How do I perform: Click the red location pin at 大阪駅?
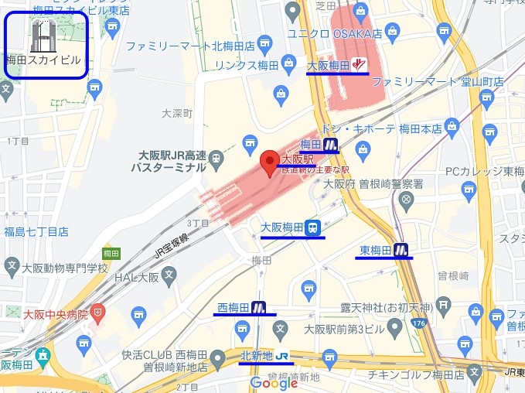(x=268, y=162)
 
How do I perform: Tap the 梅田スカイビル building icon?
(x=42, y=36)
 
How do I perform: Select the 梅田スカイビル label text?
(x=44, y=60)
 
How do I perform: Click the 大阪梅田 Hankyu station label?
(x=329, y=65)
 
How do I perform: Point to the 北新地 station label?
(x=257, y=356)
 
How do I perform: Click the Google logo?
(x=274, y=383)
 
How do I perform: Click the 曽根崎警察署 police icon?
(x=406, y=200)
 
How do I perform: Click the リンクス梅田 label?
(x=247, y=63)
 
